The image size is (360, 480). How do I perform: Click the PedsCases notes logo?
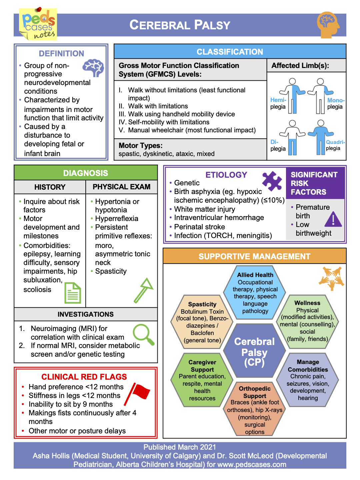[x=38, y=24]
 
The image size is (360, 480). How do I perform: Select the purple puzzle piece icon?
[x=272, y=181]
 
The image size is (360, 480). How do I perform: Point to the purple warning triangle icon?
[x=333, y=220]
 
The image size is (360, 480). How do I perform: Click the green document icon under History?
[x=73, y=293]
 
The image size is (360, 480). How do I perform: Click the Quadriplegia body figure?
[x=321, y=137]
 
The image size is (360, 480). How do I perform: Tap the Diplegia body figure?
[x=292, y=137]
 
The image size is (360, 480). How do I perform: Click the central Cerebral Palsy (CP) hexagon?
[x=254, y=352]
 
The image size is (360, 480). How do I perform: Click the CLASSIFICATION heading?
[x=230, y=52]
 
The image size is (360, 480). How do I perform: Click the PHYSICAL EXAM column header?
[x=121, y=187]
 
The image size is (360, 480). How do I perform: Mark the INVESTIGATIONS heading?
[x=86, y=314]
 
